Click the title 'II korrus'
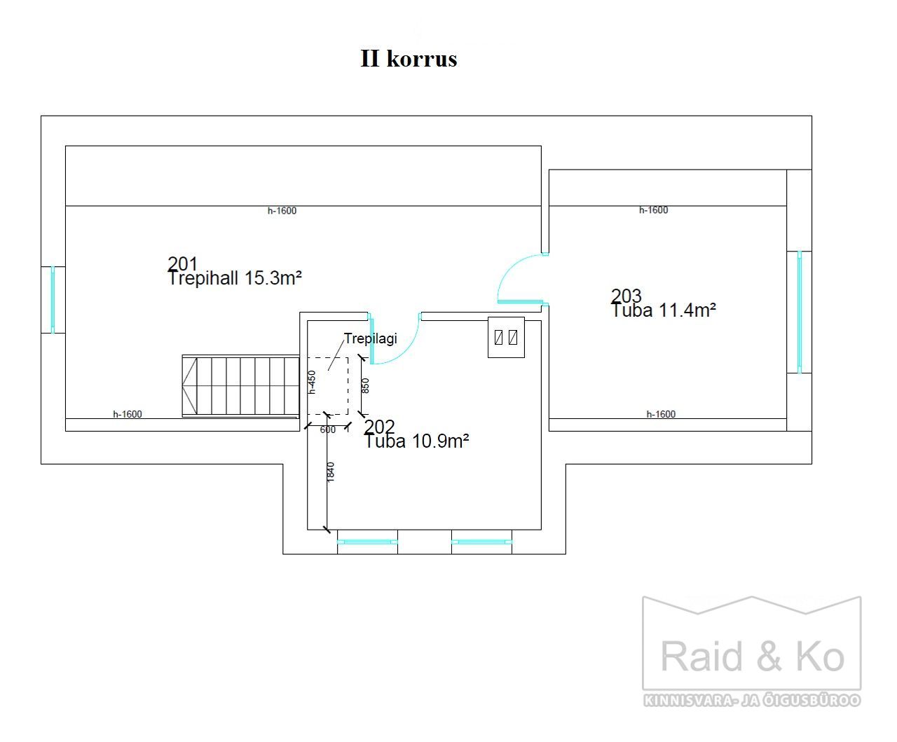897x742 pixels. pos(409,58)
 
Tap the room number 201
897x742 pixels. pos(183,263)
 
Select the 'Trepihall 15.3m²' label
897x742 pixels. pos(235,278)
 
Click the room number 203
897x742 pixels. pos(626,295)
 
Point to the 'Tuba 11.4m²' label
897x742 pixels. pos(664,310)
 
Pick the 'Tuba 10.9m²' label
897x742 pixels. pos(417,441)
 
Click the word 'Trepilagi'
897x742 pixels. pos(370,338)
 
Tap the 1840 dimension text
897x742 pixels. pos(330,472)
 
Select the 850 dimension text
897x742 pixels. pos(365,385)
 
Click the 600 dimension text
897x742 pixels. pos(328,430)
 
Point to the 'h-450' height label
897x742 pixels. pos(313,383)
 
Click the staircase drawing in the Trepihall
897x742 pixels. pos(240,386)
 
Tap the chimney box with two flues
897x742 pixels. pos(506,337)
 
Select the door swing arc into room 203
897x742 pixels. pos(507,270)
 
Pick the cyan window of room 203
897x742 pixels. pos(799,312)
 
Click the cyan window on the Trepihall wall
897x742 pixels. pos(53,299)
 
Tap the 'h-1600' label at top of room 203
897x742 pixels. pos(653,210)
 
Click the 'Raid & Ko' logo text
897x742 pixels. pos(752,656)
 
